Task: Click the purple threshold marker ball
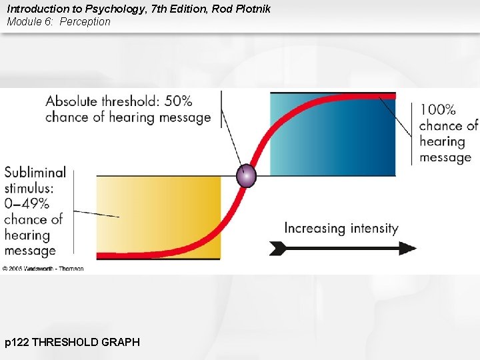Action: pos(247,176)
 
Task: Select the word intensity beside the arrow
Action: pos(371,228)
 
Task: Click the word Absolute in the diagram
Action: pos(71,101)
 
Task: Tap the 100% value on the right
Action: pos(437,109)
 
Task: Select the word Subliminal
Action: pos(35,172)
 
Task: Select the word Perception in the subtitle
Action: pos(85,22)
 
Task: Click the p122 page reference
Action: pos(17,342)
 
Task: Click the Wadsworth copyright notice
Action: pos(43,268)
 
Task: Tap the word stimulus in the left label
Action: pos(31,188)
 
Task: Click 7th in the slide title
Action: pos(161,9)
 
